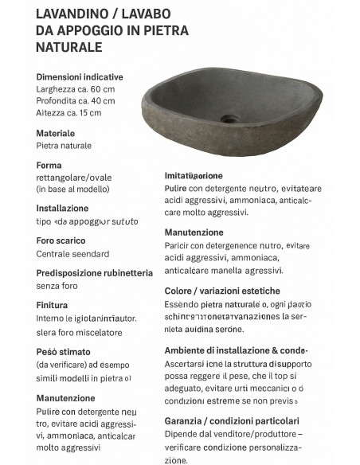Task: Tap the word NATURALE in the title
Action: (x=69, y=47)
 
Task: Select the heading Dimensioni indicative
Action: (x=80, y=77)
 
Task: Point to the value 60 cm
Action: (x=101, y=89)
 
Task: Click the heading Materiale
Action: (x=56, y=134)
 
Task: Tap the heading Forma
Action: (x=49, y=166)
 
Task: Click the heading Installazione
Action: (x=63, y=209)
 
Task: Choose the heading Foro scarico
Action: (x=61, y=240)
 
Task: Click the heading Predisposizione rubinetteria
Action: (x=95, y=272)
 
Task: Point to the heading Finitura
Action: (x=53, y=305)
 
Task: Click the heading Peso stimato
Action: (x=64, y=352)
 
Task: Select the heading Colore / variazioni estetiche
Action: (x=222, y=291)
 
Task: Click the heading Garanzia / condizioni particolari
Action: (x=232, y=420)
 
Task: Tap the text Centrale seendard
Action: (x=72, y=253)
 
